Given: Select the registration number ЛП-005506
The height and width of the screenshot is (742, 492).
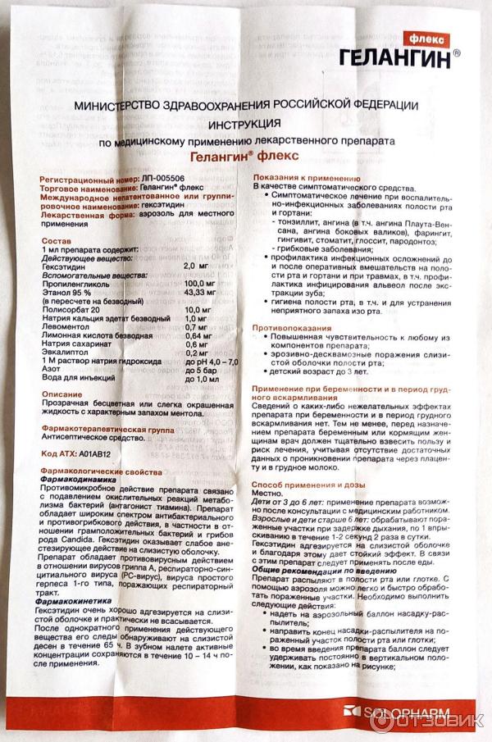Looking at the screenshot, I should [x=165, y=178].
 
